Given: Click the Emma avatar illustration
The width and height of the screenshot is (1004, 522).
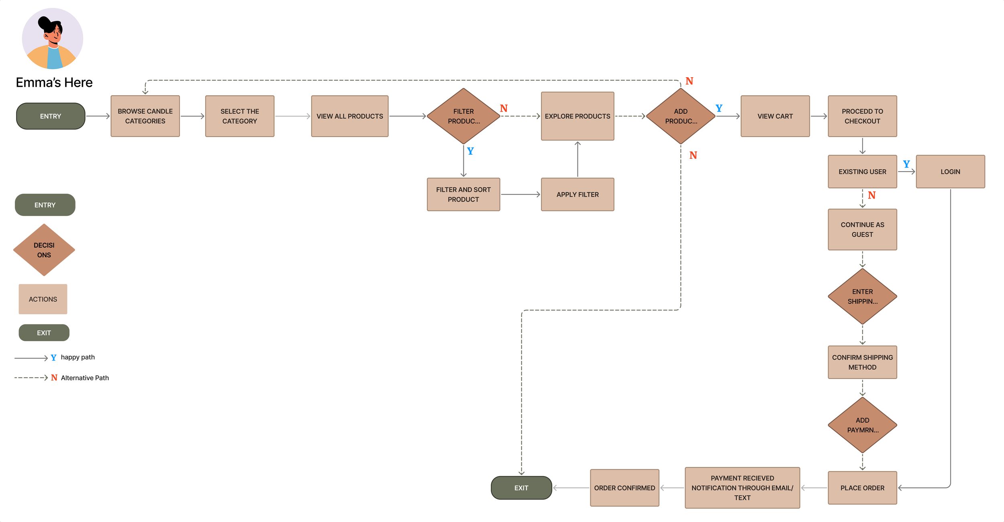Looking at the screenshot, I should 53,39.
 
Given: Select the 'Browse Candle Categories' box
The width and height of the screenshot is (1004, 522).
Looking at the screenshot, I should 145,116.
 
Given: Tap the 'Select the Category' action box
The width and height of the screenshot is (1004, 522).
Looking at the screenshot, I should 240,116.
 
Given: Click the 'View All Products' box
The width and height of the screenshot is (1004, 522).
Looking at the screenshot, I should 350,116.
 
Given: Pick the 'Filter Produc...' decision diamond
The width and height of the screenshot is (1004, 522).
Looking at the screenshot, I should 463,116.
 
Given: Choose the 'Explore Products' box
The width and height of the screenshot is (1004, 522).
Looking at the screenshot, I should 578,116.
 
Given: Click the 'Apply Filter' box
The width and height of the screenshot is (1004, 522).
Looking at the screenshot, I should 578,194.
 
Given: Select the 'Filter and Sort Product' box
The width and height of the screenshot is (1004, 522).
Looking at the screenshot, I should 463,194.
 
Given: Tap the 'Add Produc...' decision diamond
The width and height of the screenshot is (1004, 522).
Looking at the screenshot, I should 681,116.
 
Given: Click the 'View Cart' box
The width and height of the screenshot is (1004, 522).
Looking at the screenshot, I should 775,116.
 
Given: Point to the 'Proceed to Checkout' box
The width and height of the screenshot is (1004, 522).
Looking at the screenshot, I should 862,116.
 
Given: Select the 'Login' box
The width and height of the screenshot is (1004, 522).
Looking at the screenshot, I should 950,172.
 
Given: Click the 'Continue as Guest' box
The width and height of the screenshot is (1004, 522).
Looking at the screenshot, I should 862,229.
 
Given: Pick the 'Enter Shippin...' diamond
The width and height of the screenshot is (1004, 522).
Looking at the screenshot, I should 862,297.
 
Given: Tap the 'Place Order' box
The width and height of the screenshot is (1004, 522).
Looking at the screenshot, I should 862,488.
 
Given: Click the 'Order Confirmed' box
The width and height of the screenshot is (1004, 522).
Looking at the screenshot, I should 624,488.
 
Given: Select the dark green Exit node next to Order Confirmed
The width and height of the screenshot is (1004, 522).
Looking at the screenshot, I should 521,488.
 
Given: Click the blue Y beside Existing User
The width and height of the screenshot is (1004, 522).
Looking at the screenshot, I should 906,164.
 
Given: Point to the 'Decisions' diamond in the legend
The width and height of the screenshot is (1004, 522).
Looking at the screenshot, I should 44,250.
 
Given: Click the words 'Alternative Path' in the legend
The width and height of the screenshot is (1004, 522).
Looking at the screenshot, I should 85,378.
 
